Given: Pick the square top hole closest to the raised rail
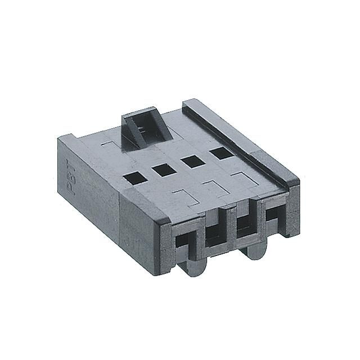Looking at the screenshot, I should (x=219, y=151).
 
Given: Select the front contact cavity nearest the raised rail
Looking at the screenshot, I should (x=274, y=216).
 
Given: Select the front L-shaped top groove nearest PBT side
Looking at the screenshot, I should (x=183, y=197).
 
